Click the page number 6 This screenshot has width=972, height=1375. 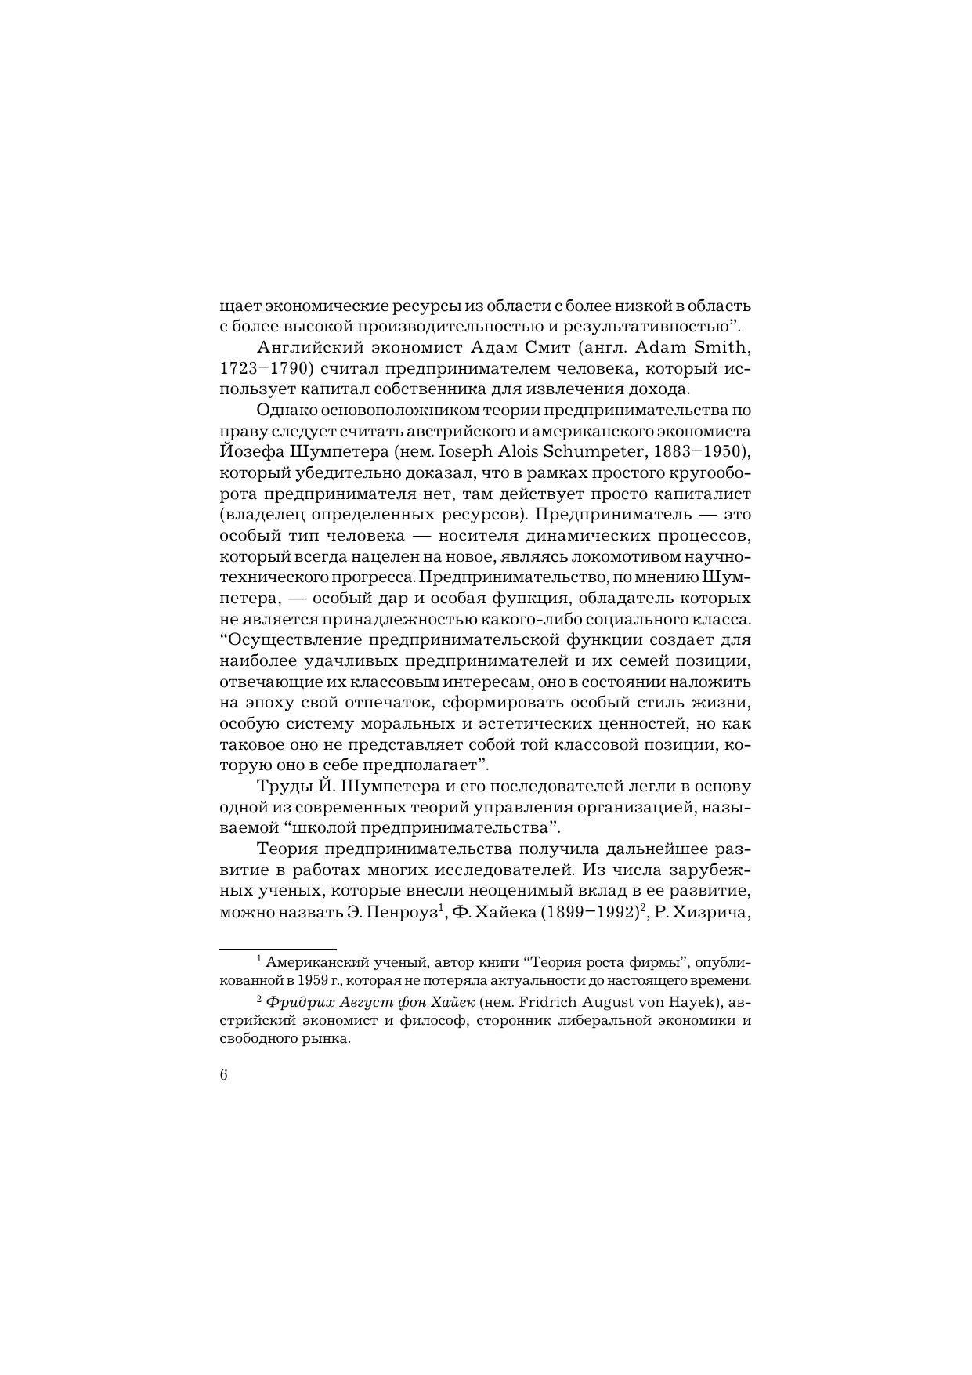pyautogui.click(x=223, y=1075)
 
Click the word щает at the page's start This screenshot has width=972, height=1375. pyautogui.click(x=240, y=306)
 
